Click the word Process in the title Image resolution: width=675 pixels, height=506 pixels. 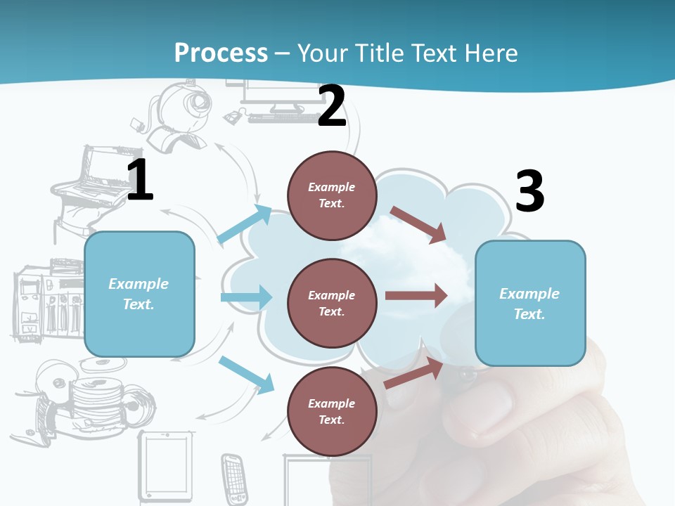tap(221, 53)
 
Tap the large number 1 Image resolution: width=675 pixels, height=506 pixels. tap(140, 181)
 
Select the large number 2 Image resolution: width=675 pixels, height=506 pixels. tap(332, 107)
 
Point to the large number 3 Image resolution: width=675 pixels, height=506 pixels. tap(529, 191)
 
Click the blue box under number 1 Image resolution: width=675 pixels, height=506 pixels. tap(139, 294)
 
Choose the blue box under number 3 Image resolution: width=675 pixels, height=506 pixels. tap(530, 304)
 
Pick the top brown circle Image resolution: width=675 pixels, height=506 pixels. tap(332, 195)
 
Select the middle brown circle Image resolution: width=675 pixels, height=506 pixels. tap(332, 303)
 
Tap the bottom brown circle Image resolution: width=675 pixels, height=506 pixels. tap(332, 411)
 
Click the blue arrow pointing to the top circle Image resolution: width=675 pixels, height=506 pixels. tap(244, 225)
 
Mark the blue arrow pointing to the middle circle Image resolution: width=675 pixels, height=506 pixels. tap(246, 297)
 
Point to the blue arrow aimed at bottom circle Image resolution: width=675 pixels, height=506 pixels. tap(246, 374)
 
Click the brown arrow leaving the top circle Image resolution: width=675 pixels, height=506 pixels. tap(418, 224)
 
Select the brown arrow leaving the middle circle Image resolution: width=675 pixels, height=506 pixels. tap(416, 296)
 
